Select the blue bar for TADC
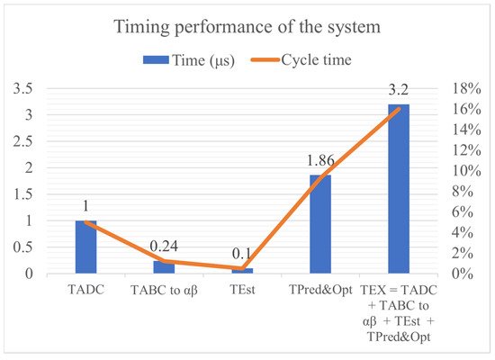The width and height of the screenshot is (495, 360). coord(85,247)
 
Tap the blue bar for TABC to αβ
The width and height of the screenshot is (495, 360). coord(164,267)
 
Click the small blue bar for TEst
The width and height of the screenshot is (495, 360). coord(242,270)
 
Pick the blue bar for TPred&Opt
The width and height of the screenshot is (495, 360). coord(320,224)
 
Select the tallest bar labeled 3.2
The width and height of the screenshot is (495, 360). coord(399,189)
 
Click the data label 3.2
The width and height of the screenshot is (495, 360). coord(399,88)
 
